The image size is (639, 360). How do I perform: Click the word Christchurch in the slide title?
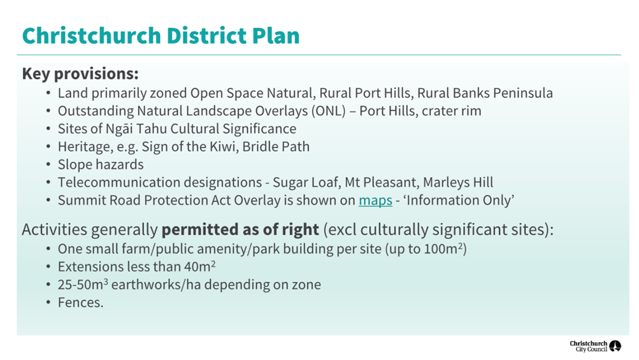click(92, 36)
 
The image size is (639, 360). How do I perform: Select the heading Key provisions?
click(80, 74)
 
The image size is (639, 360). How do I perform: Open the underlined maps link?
click(375, 200)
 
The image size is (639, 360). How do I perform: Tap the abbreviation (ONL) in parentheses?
click(328, 111)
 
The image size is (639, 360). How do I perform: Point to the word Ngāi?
click(119, 129)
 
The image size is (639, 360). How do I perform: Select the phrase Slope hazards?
click(101, 164)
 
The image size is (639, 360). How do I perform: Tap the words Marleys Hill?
click(458, 182)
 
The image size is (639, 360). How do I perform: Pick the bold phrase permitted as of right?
click(240, 229)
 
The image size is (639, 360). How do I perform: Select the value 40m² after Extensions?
click(199, 266)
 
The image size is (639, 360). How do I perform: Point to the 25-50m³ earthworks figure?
click(83, 285)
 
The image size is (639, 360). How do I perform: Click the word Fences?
click(80, 303)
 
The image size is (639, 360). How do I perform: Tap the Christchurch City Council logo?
click(595, 346)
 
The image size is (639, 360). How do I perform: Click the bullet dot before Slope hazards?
click(48, 165)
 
